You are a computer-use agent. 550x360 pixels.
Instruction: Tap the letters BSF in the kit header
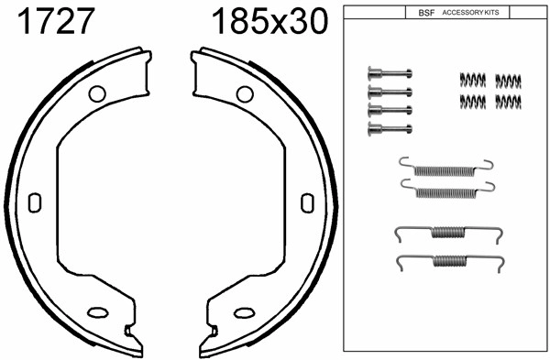pyautogui.click(x=425, y=14)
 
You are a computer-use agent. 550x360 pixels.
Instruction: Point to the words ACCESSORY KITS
pyautogui.click(x=471, y=14)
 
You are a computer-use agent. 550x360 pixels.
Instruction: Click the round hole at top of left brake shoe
pyautogui.click(x=96, y=93)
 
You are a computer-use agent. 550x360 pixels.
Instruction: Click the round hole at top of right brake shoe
pyautogui.click(x=244, y=93)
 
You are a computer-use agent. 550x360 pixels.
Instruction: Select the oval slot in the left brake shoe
pyautogui.click(x=35, y=202)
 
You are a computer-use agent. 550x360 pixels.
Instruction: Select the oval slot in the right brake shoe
pyautogui.click(x=307, y=202)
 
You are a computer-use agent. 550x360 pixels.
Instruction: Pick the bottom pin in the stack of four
pyautogui.click(x=388, y=126)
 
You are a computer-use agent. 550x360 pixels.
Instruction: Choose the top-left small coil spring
pyautogui.click(x=471, y=80)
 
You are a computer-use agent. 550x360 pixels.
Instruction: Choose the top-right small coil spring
pyautogui.click(x=508, y=80)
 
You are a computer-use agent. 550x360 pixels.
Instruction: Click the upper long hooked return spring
pyautogui.click(x=446, y=168)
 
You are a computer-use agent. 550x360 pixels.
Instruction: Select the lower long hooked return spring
pyautogui.click(x=446, y=190)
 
